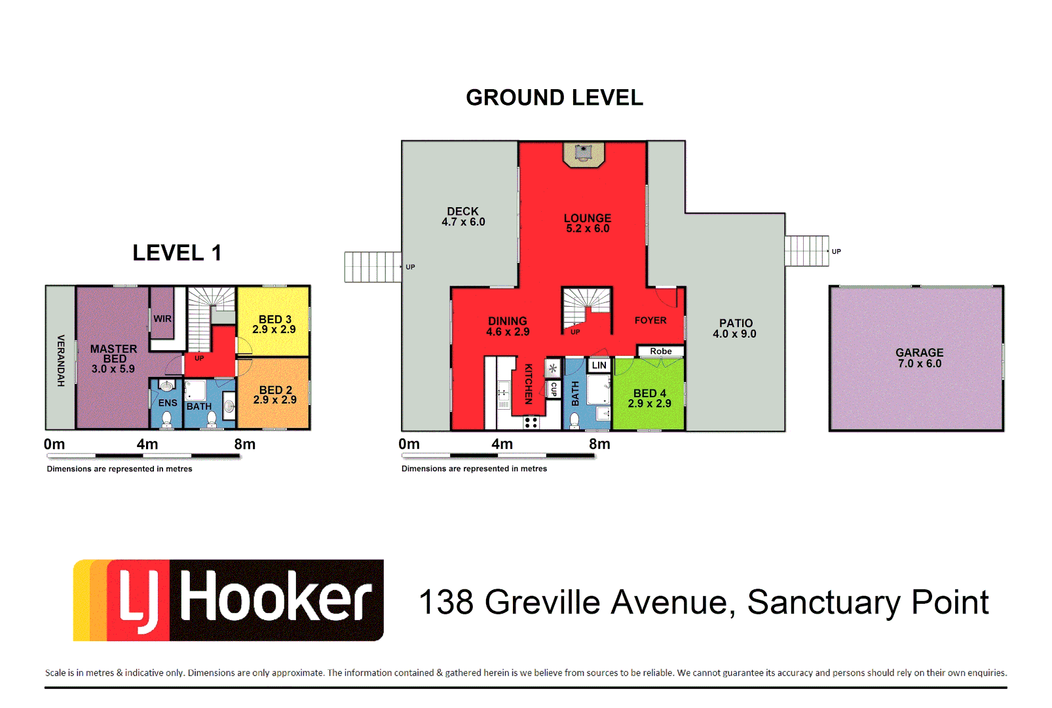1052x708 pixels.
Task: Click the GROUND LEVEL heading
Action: pyautogui.click(x=554, y=98)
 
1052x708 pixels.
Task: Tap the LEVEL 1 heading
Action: pyautogui.click(x=177, y=253)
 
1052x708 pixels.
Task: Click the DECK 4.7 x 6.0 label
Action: pyautogui.click(x=463, y=217)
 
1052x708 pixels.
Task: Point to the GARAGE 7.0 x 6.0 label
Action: pyautogui.click(x=919, y=358)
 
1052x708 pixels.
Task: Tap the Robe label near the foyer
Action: pyautogui.click(x=660, y=351)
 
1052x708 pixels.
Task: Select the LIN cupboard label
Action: pyautogui.click(x=599, y=365)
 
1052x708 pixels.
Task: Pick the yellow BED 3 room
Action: pyautogui.click(x=274, y=323)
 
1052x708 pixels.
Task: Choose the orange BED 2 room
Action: pyautogui.click(x=274, y=395)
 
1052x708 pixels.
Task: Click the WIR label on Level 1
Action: pyautogui.click(x=162, y=319)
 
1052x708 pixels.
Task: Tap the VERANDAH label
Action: pyautogui.click(x=61, y=360)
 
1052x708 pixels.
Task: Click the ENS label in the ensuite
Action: pyautogui.click(x=167, y=403)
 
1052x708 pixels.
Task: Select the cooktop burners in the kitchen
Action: pyautogui.click(x=531, y=422)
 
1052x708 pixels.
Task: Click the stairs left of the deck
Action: pyautogui.click(x=372, y=267)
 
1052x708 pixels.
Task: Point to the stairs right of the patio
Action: pyautogui.click(x=806, y=251)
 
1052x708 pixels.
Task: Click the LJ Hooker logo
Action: pyautogui.click(x=228, y=600)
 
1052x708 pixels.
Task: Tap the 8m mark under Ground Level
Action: pyautogui.click(x=599, y=444)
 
